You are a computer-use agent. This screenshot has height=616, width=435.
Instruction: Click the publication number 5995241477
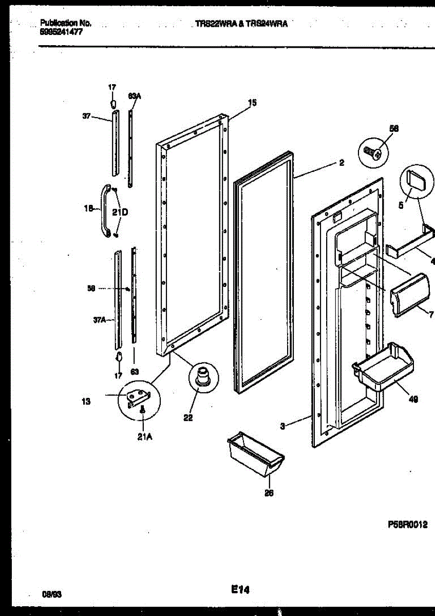(x=61, y=31)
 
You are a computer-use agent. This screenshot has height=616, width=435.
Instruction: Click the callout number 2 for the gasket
(x=341, y=163)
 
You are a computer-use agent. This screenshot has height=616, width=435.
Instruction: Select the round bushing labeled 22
(x=201, y=375)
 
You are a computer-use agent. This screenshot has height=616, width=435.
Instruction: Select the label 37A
(x=99, y=320)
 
